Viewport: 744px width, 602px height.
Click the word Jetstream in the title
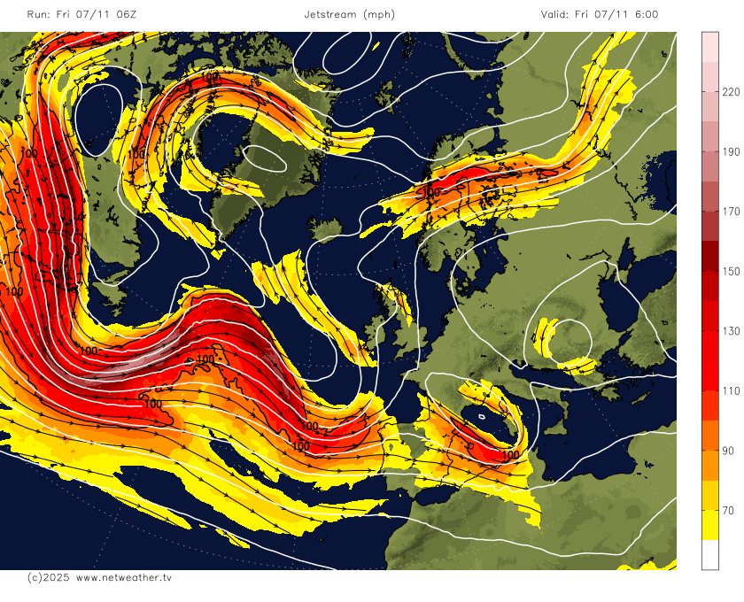coord(329,14)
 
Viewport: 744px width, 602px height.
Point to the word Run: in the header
coord(39,14)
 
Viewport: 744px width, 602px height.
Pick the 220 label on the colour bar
coord(732,91)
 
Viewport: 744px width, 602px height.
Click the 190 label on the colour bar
coord(732,151)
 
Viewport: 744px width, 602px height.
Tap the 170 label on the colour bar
coord(732,212)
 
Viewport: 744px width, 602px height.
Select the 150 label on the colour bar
coord(732,271)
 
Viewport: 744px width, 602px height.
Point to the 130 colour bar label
coord(732,331)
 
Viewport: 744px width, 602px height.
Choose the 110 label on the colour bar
coord(732,391)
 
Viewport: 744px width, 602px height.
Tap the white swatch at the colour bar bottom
coord(710,554)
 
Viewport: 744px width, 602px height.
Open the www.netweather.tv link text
coord(123,577)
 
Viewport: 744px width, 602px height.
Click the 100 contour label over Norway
coord(431,191)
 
